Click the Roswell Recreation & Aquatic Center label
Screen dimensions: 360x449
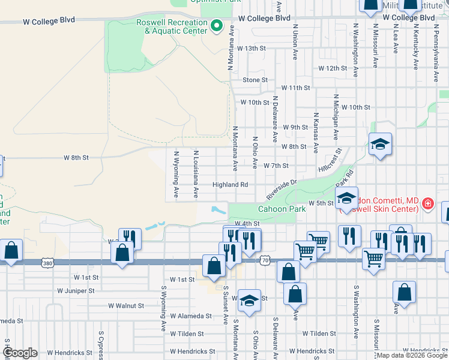pos(171,26)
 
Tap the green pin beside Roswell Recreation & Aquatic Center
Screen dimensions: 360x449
pos(217,26)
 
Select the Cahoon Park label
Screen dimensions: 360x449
pos(282,209)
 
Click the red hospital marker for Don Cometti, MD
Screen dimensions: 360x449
pos(427,204)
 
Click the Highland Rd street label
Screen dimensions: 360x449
pos(231,185)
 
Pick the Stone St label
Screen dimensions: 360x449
pos(255,80)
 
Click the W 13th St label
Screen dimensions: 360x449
pos(251,48)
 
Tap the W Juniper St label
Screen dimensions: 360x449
pos(76,291)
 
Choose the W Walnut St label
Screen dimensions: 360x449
pos(126,305)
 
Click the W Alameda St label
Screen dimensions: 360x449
pos(191,316)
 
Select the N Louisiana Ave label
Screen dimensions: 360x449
pos(196,174)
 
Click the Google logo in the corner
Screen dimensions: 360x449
pos(20,353)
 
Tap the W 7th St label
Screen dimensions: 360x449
pos(276,166)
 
